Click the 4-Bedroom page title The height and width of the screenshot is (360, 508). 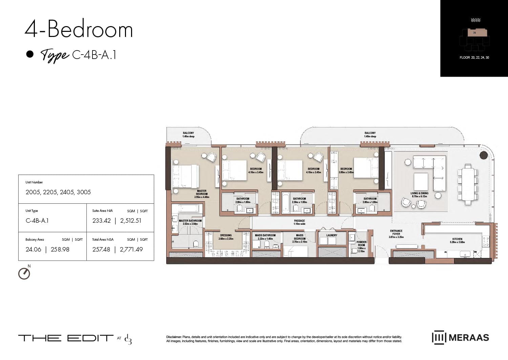point(79,29)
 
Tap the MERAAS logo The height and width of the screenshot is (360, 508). point(461,338)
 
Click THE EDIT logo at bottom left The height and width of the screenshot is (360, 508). point(66,338)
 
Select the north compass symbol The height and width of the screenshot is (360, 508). point(24,273)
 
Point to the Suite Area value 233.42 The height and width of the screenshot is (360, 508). point(102,221)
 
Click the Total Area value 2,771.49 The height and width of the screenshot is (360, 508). point(131,249)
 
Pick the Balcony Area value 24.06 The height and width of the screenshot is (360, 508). point(34,249)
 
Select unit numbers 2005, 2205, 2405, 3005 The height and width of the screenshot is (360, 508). point(58,192)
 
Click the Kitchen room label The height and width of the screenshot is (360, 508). point(457,240)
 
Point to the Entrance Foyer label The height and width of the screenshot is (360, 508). point(396,234)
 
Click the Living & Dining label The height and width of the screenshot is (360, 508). point(419,195)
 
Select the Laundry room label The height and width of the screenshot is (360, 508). point(332,235)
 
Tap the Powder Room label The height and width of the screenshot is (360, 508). point(361,243)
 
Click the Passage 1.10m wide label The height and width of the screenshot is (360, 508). point(299,222)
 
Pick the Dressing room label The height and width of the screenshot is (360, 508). point(226,237)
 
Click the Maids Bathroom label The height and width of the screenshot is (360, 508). point(265,237)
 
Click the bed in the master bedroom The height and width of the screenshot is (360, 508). point(185,176)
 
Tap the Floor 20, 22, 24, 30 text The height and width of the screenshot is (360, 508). point(474,58)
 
